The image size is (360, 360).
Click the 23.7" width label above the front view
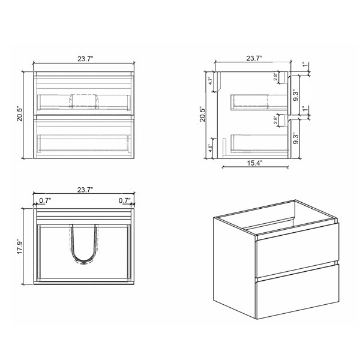point(85,59)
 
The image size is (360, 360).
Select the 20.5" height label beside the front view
point(20,113)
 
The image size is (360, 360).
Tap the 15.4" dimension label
point(254,163)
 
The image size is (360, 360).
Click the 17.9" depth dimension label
point(20,247)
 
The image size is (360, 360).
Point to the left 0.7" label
point(45,200)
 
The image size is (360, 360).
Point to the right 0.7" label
point(124,200)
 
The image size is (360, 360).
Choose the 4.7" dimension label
point(211,80)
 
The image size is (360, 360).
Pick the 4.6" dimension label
point(211,148)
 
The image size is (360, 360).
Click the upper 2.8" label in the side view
point(275,76)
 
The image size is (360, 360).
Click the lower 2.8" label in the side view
point(275,119)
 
